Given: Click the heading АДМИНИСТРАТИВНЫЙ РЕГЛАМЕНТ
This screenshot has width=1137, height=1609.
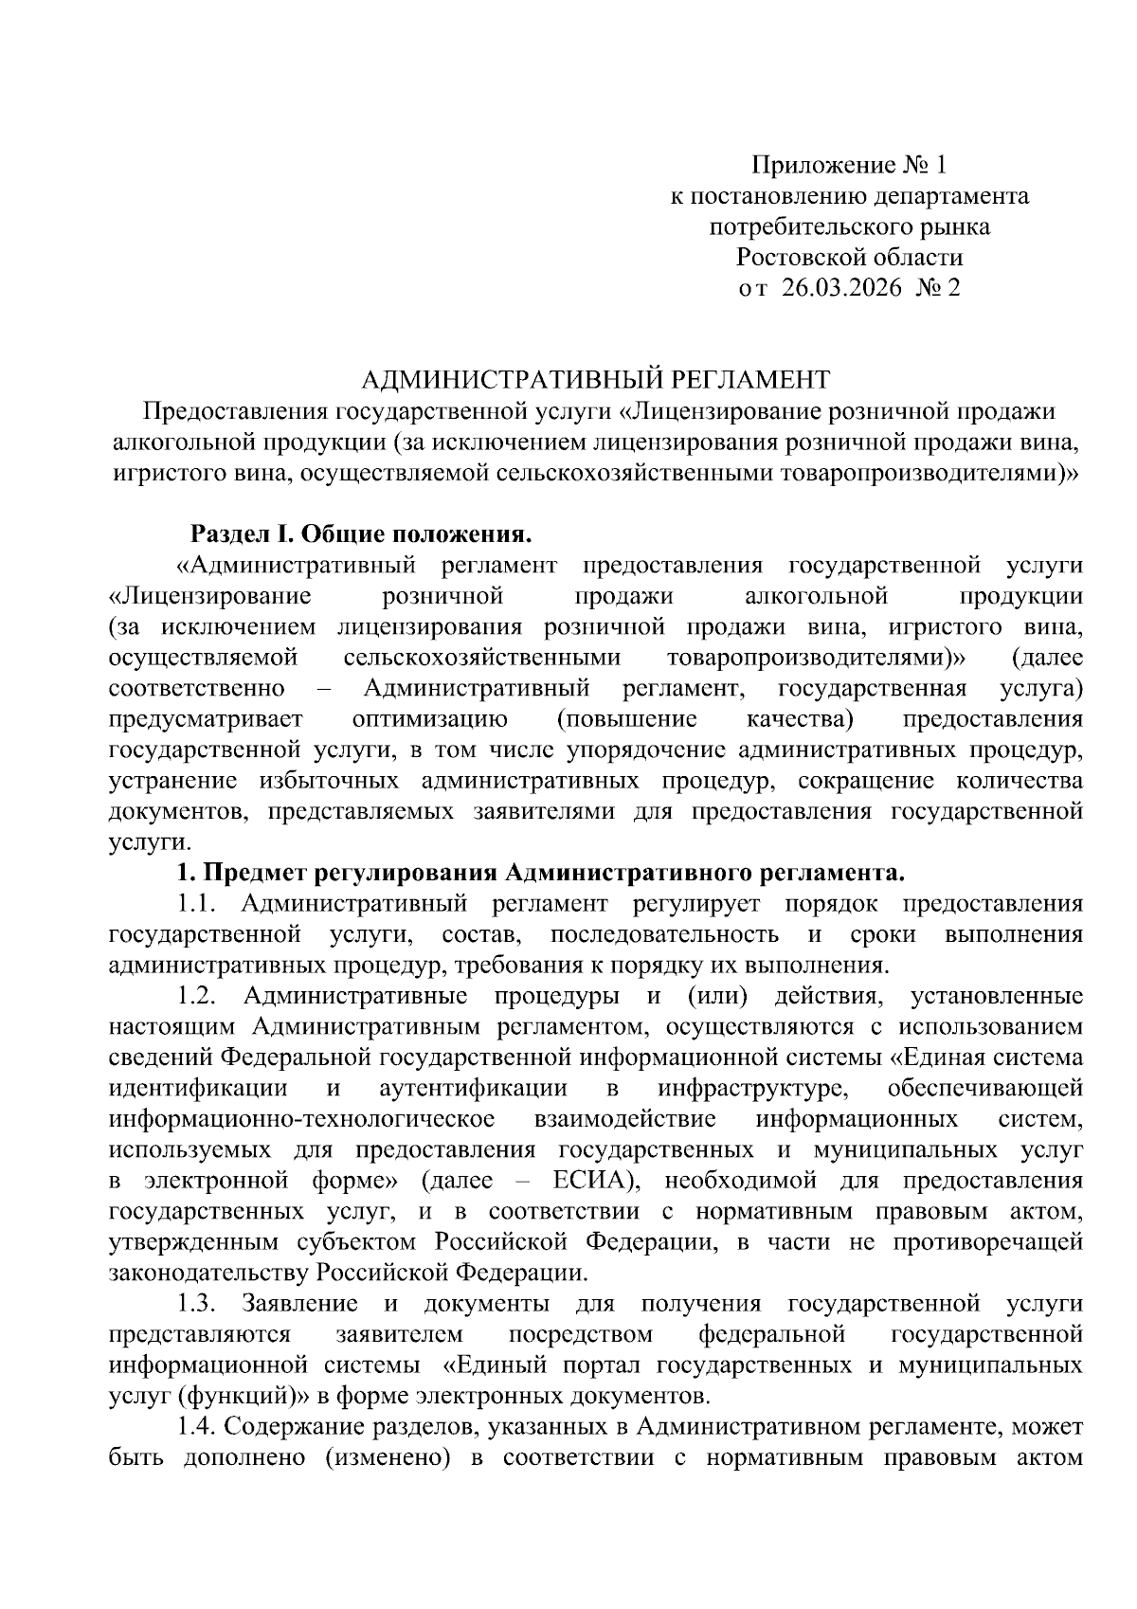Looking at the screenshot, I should click(x=597, y=380).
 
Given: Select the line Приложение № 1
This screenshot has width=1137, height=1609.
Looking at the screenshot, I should click(x=849, y=167).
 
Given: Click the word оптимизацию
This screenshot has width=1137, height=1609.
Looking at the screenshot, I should click(x=430, y=718).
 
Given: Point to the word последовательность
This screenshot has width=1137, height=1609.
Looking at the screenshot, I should click(x=664, y=934).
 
